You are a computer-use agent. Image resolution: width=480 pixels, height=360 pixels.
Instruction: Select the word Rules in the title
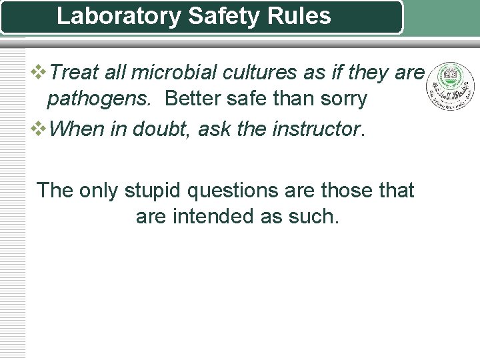click(x=303, y=15)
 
